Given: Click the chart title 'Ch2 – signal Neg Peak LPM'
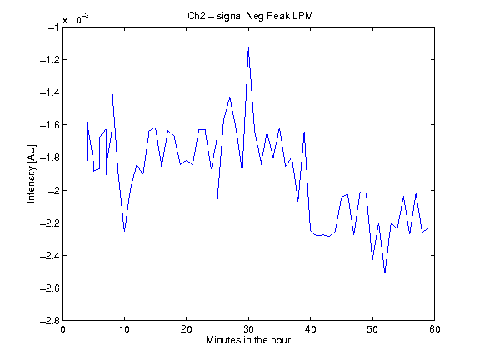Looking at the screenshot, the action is (x=250, y=16).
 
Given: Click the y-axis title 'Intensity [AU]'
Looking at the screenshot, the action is (x=31, y=173).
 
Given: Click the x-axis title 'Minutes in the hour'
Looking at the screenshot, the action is (x=248, y=340).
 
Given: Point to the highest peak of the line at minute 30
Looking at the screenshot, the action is (x=248, y=47).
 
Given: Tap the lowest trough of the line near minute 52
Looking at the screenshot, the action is (x=385, y=272).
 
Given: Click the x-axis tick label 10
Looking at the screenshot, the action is (x=124, y=329).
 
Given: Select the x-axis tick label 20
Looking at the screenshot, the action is (x=186, y=329).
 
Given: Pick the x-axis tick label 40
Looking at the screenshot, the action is (x=310, y=329).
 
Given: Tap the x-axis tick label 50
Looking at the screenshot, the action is (x=372, y=329).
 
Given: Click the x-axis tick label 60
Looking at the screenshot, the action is (x=435, y=329).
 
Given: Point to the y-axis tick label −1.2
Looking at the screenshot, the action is (x=49, y=60).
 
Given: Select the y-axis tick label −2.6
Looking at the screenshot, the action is (x=49, y=288).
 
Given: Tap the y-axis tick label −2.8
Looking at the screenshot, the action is (x=49, y=321).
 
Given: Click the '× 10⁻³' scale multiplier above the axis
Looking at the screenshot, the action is (x=76, y=19).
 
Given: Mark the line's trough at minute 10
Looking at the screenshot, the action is (x=124, y=231).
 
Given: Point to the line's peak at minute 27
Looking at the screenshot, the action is (x=230, y=98).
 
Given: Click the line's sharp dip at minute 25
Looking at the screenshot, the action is (x=217, y=199).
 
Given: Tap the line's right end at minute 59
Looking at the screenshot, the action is (x=428, y=228).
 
